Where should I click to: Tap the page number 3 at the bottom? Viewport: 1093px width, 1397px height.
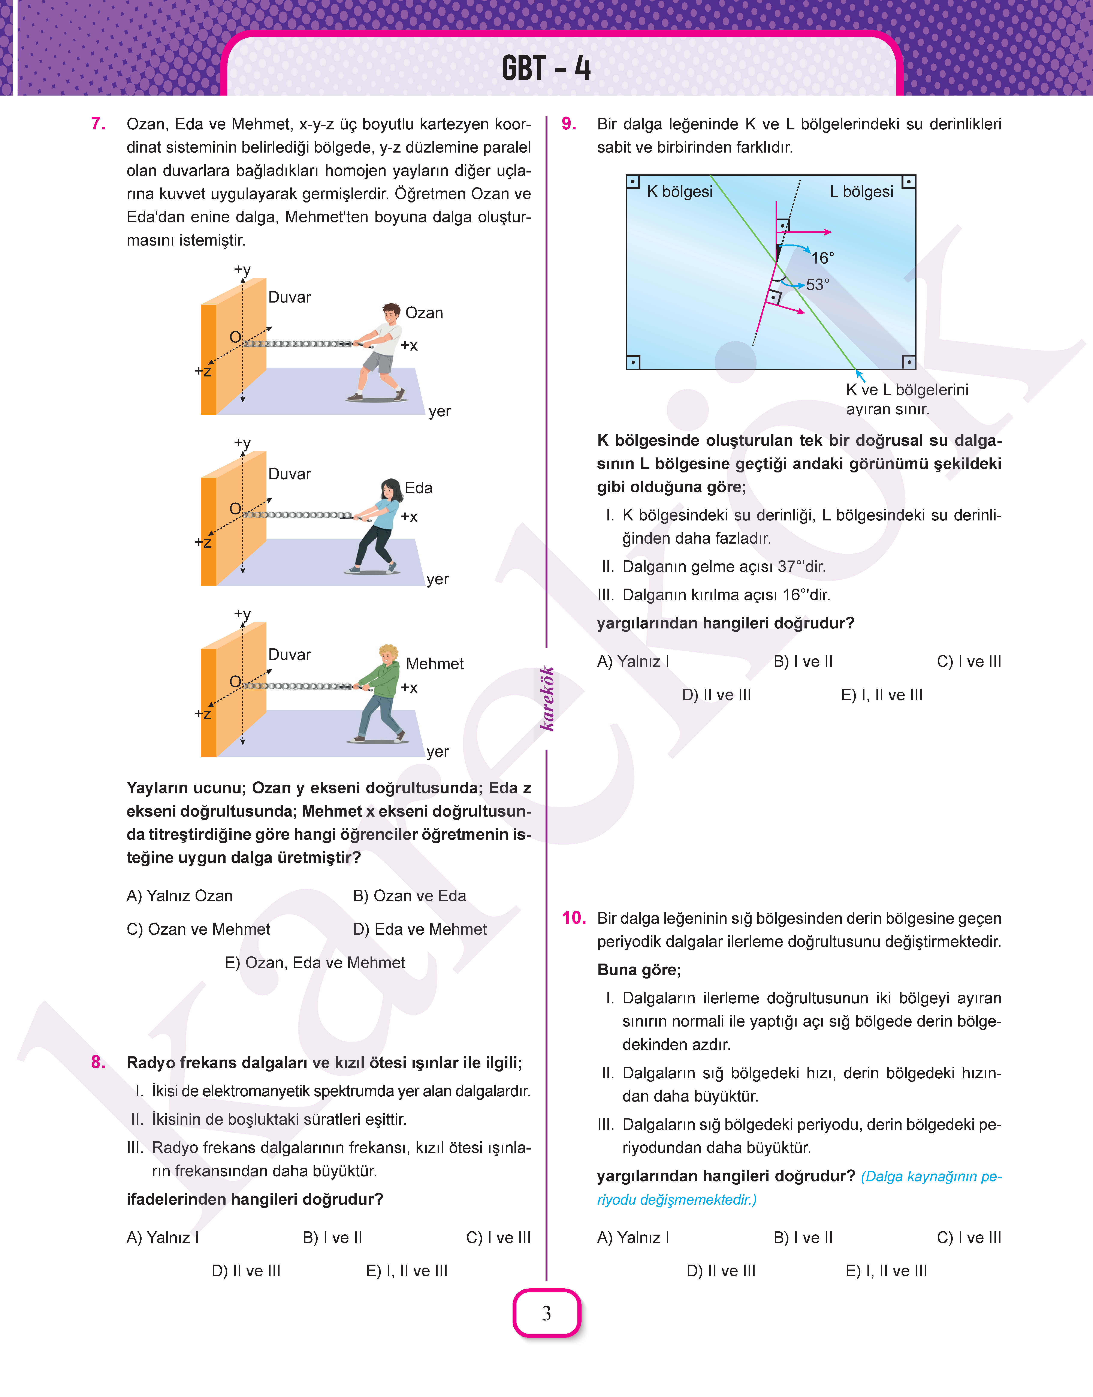546,1313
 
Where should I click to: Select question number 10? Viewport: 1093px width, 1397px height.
573,917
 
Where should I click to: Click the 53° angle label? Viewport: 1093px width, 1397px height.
817,285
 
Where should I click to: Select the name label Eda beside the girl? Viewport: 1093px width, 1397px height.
419,488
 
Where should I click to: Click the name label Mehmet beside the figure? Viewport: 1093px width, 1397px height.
435,663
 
